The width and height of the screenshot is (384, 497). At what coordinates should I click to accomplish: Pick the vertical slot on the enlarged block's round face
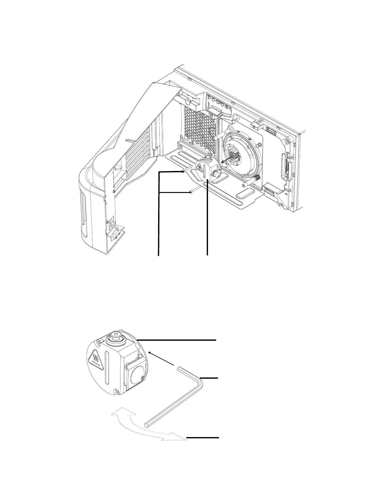click(107, 369)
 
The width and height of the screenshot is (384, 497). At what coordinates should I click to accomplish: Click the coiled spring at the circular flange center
click(234, 156)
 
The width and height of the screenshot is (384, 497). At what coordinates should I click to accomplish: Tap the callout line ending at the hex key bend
click(210, 378)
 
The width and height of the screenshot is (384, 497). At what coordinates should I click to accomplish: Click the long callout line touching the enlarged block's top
click(177, 340)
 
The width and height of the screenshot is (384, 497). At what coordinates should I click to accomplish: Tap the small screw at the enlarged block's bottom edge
click(117, 391)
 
